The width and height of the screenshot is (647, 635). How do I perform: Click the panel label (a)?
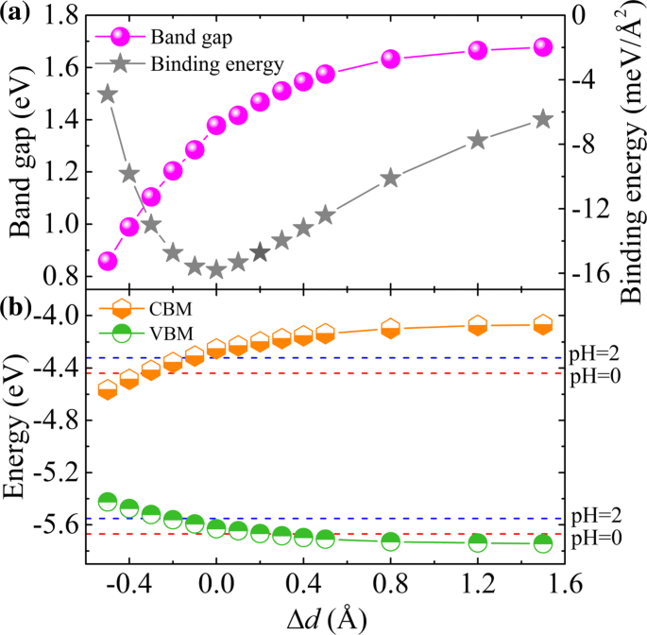20,13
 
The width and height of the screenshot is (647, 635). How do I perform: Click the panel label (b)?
20,308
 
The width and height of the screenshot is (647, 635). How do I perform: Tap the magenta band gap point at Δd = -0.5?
108,261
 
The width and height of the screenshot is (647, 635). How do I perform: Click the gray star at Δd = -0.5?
108,94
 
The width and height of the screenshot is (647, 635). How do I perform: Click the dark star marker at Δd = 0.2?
261,252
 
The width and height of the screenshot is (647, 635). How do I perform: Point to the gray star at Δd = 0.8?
391,179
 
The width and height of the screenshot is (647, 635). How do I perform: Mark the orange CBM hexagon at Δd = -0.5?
108,389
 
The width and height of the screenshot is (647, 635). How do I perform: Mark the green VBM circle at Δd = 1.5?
543,543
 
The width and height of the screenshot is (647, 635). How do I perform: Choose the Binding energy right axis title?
623,146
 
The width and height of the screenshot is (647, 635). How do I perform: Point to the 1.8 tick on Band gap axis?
60,16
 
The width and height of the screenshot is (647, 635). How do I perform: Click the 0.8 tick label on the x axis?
390,587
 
